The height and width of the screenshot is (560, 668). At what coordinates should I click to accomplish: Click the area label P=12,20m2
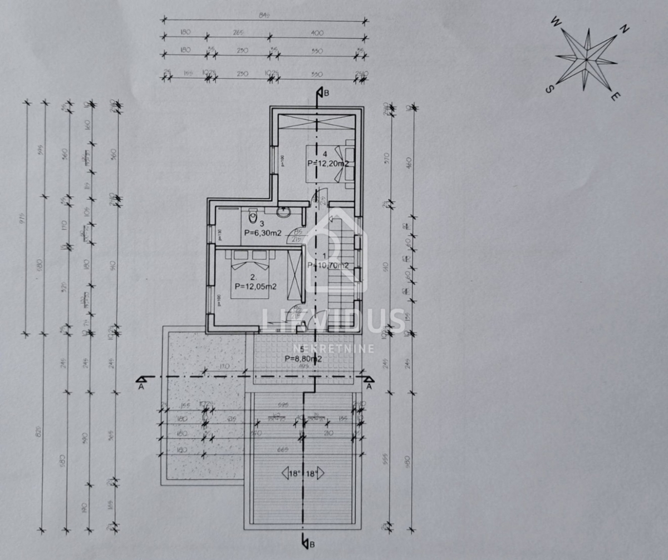point(328,163)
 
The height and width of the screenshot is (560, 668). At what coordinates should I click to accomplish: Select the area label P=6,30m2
point(263,234)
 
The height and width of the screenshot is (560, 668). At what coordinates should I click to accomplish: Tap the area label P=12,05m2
point(256,286)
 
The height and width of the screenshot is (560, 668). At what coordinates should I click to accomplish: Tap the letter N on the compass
point(625,29)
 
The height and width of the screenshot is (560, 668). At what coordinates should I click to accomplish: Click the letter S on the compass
point(549,89)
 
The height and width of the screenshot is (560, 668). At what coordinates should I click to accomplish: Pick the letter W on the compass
point(555,22)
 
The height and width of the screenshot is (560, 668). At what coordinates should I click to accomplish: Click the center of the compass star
point(586,58)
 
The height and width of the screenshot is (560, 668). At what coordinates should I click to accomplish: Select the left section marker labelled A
point(141,380)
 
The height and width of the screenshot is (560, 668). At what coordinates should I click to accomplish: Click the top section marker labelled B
point(321,93)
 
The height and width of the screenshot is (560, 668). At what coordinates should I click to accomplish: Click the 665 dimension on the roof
point(304,449)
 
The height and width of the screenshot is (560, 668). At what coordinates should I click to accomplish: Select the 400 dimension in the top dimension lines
point(317,33)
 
